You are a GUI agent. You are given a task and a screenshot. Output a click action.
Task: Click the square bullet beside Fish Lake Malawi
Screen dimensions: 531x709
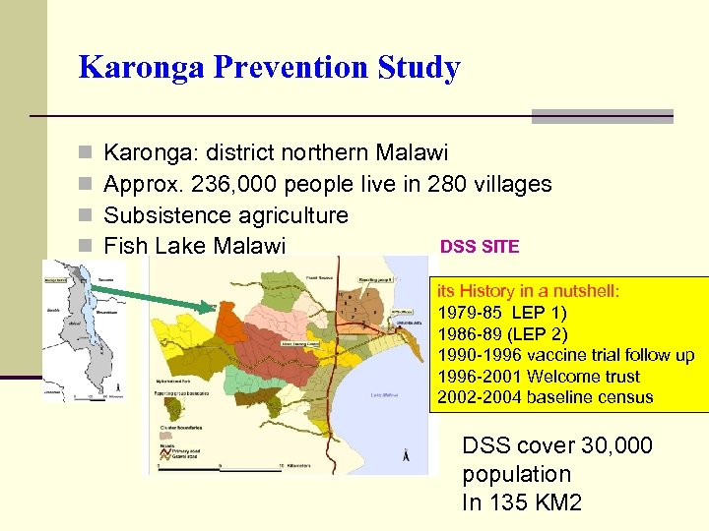click(x=86, y=246)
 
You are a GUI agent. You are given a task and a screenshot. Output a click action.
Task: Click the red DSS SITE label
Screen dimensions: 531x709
click(x=479, y=246)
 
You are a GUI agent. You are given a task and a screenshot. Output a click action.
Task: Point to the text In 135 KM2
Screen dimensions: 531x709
click(x=522, y=502)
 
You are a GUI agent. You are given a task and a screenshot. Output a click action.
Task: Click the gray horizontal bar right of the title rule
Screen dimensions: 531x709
click(x=602, y=116)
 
